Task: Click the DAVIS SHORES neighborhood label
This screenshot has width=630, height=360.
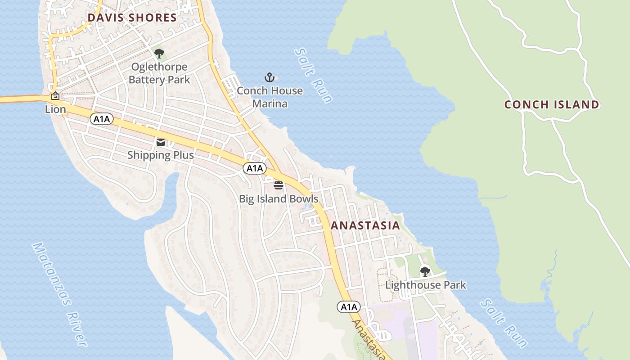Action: (x=132, y=18)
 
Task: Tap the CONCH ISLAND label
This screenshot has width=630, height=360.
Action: (x=551, y=105)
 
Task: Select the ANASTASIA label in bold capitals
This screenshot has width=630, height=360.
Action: (x=365, y=225)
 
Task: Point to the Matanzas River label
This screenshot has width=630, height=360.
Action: (x=59, y=295)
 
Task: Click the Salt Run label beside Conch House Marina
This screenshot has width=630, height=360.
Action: (x=313, y=75)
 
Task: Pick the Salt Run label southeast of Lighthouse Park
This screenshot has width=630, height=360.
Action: (x=504, y=323)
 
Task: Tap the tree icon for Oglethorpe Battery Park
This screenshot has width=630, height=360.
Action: (x=159, y=54)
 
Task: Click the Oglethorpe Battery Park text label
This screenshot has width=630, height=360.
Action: (x=159, y=73)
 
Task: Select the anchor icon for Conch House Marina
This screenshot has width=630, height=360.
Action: (x=269, y=77)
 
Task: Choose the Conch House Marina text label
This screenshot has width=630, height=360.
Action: (x=270, y=97)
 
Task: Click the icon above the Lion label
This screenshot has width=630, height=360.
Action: (x=55, y=96)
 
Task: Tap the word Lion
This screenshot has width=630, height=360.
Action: (x=55, y=109)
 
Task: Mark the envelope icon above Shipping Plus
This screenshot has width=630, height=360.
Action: (x=161, y=142)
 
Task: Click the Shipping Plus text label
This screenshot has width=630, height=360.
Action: (x=161, y=155)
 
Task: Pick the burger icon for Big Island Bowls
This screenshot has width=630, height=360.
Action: (x=279, y=185)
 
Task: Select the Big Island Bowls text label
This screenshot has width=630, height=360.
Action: (x=279, y=198)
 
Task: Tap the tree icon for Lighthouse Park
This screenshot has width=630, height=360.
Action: (x=425, y=271)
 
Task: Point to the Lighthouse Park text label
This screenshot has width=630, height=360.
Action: (x=426, y=285)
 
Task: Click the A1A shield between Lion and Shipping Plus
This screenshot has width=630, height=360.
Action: (x=102, y=119)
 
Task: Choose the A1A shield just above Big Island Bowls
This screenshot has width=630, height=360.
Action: (x=255, y=168)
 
